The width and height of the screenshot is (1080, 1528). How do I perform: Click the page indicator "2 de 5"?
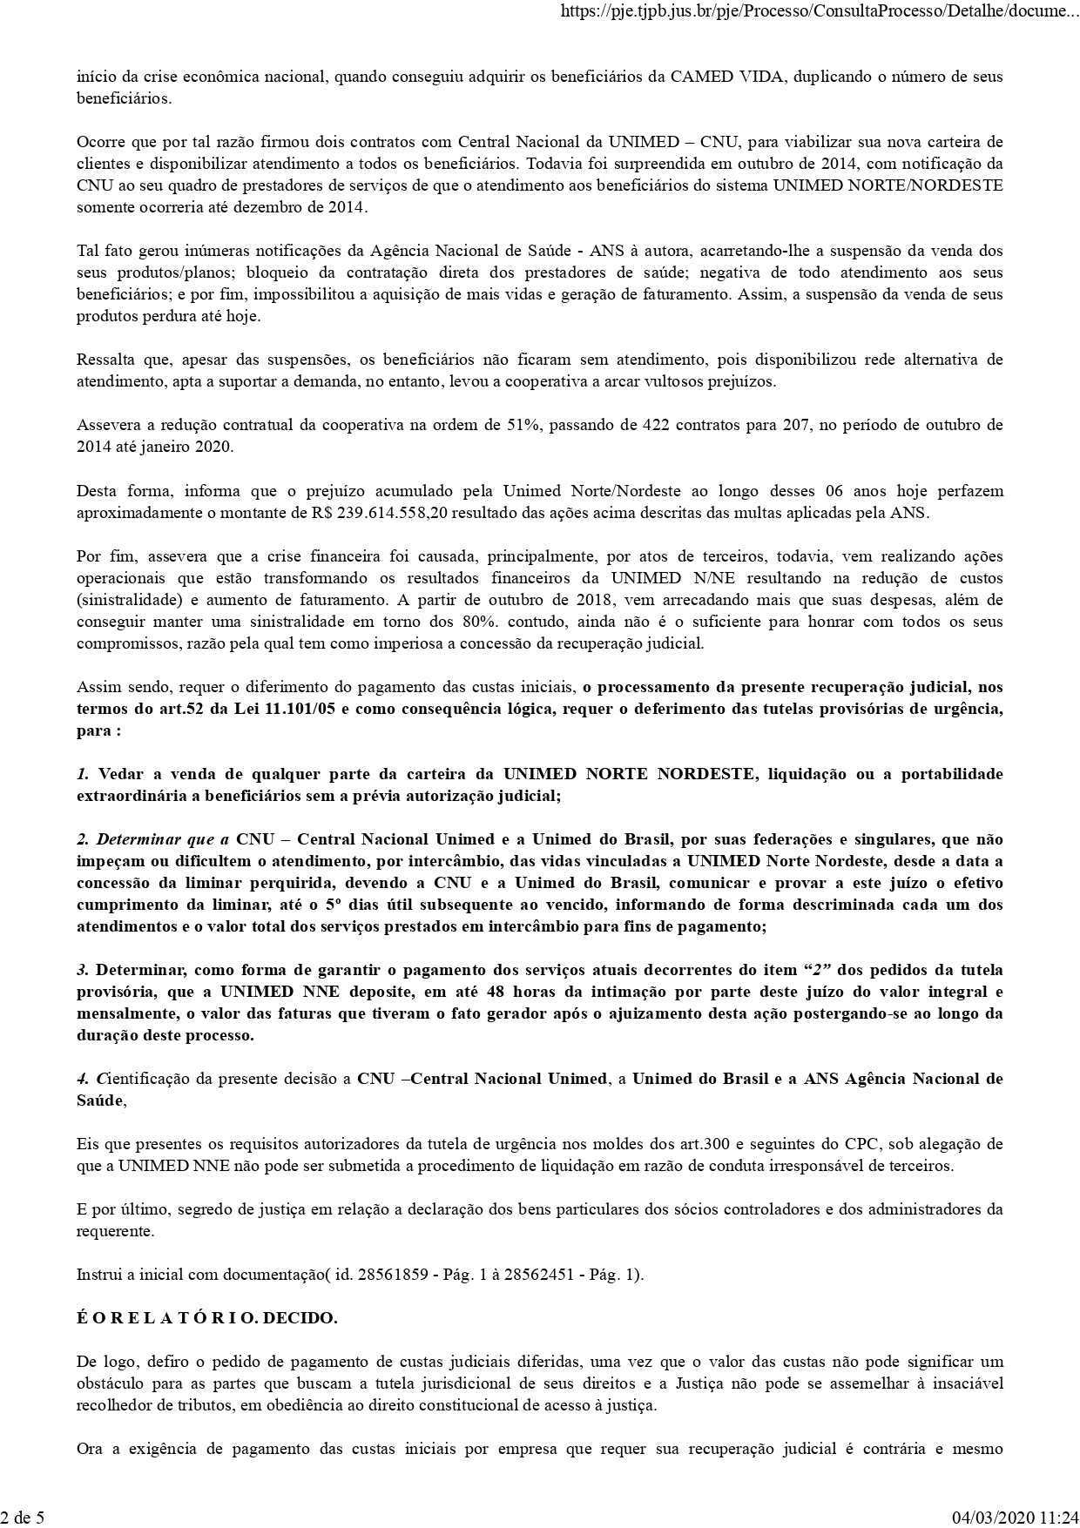pyautogui.click(x=23, y=1517)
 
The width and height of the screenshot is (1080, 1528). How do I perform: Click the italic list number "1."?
pyautogui.click(x=84, y=774)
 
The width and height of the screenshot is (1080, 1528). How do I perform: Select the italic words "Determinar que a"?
pyautogui.click(x=162, y=839)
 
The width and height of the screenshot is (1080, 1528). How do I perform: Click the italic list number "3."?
pyautogui.click(x=84, y=970)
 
